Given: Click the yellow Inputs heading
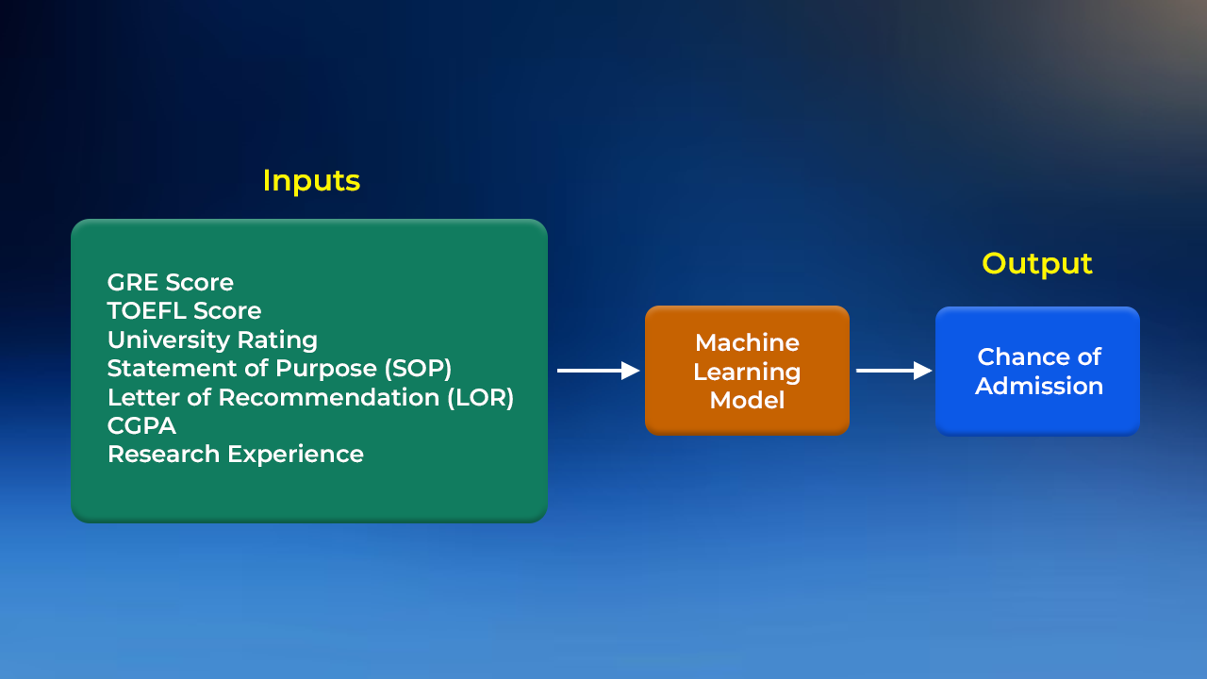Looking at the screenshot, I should [x=311, y=180].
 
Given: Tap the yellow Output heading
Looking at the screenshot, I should [x=1037, y=263].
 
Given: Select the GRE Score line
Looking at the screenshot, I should [x=171, y=282].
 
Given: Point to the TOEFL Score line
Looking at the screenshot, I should [x=184, y=310].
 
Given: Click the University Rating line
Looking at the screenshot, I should [x=212, y=339].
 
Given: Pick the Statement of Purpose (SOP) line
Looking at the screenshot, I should [x=279, y=368].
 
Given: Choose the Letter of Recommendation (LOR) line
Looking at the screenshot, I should [x=310, y=397].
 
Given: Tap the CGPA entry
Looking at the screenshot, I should [x=141, y=425].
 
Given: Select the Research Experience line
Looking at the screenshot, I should [x=236, y=454].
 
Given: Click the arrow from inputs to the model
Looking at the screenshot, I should [x=598, y=371].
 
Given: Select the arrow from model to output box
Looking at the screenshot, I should [x=893, y=371].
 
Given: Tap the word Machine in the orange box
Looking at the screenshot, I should [x=747, y=342].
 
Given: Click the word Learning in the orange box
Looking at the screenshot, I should [x=747, y=372].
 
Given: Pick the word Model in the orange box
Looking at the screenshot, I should [x=747, y=400].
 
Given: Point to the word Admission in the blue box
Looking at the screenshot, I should [x=1039, y=386].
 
